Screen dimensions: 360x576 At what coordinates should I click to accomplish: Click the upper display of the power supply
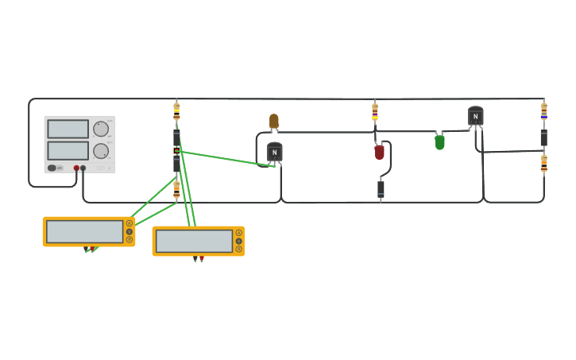68,129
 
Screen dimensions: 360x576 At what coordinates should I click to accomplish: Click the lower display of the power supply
68,150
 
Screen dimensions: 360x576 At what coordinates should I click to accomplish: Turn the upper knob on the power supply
101,129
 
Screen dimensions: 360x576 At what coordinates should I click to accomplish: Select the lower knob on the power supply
101,151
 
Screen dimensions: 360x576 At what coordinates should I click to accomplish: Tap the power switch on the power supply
53,168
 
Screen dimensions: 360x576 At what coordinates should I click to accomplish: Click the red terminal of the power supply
76,168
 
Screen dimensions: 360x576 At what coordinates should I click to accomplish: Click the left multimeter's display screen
84,231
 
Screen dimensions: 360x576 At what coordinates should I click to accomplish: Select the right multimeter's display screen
194,241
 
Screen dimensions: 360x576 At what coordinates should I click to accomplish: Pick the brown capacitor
274,121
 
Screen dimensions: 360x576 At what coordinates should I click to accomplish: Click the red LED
379,152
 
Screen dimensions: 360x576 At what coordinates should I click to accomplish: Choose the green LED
439,142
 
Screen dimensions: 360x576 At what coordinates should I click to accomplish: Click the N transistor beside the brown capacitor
275,152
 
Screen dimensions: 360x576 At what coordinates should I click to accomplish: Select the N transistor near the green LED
475,117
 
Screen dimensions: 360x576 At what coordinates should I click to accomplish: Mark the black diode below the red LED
381,188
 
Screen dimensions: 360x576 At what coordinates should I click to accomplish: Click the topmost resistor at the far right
543,110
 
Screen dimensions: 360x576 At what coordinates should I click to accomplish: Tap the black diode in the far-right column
543,137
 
